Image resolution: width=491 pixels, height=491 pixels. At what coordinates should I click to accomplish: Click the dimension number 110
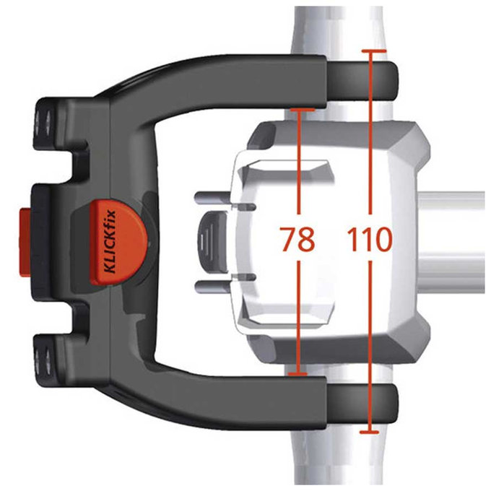369,239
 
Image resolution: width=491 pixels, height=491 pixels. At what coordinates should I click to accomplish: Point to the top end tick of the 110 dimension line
369,52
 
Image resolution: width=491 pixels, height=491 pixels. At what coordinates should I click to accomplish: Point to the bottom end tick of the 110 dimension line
369,432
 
